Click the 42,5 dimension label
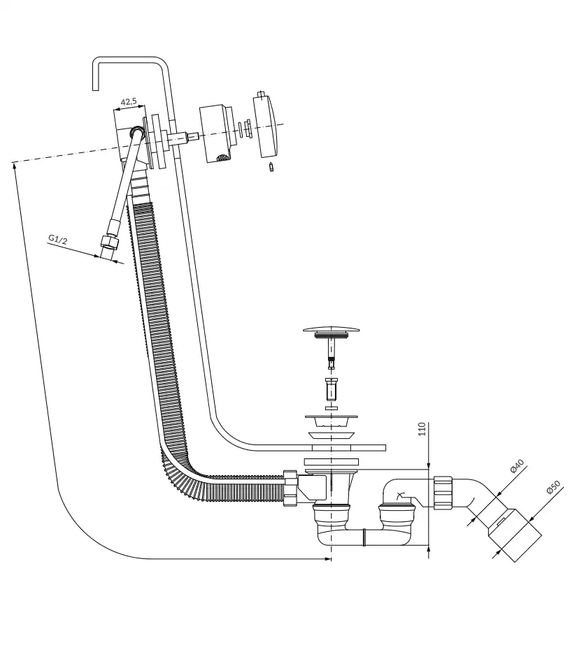[x=129, y=101]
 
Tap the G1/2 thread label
[x=57, y=239]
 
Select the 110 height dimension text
[x=422, y=429]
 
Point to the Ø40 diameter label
[x=517, y=466]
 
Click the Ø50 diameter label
[x=553, y=487]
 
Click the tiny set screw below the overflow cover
[x=271, y=167]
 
